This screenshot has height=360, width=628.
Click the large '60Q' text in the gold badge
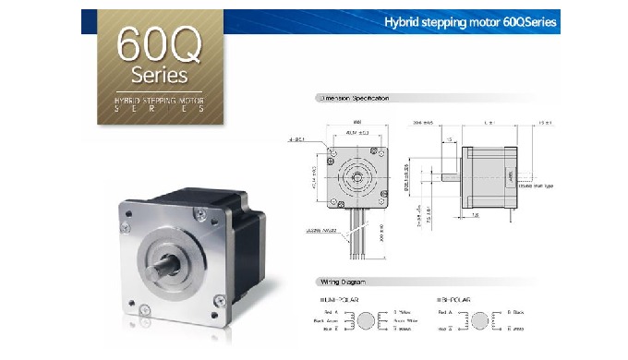pyautogui.click(x=151, y=43)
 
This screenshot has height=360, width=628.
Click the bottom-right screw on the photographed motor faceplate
pyautogui.click(x=218, y=298)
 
